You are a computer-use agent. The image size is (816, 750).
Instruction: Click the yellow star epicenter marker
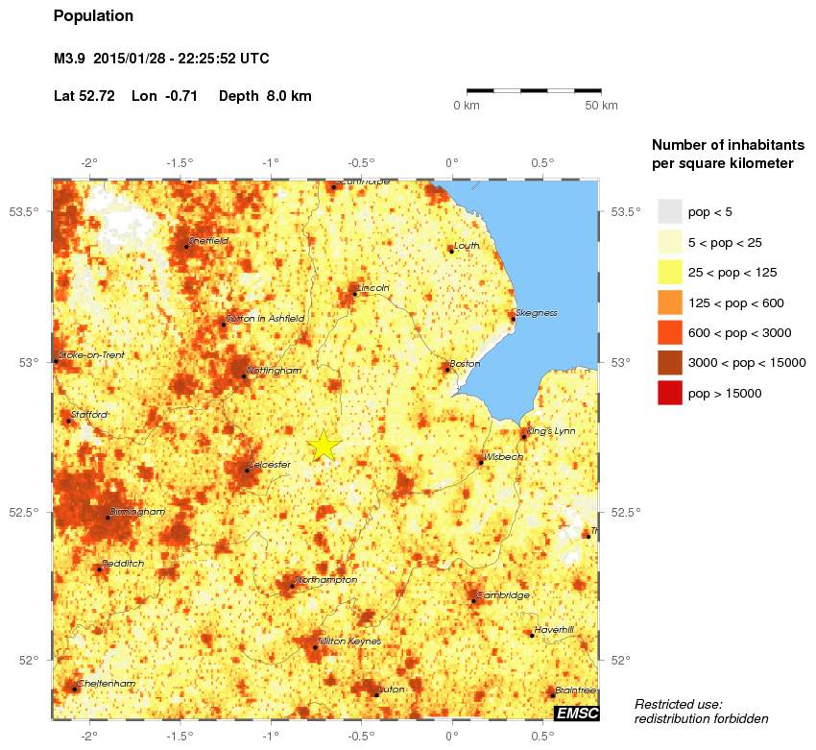tap(324, 446)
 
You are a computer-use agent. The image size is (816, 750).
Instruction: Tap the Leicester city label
tap(270, 465)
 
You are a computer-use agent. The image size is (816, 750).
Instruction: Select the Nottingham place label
tap(275, 371)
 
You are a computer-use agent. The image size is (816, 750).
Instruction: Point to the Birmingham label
tap(138, 512)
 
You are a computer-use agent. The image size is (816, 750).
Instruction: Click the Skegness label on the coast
tap(537, 313)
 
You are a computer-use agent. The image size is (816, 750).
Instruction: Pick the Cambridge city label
tap(503, 595)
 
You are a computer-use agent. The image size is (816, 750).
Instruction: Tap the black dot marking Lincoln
tap(354, 294)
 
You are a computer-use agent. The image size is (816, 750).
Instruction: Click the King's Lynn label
tap(552, 431)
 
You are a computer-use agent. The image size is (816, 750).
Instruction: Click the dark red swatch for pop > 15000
tap(669, 393)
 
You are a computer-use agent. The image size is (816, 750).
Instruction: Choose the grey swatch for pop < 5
tap(669, 211)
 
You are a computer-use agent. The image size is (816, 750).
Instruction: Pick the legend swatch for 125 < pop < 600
tap(669, 302)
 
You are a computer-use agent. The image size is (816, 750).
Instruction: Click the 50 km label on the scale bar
tap(601, 104)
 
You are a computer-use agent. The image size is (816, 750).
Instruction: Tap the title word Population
tap(93, 16)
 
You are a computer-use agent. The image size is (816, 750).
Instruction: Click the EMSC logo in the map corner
tap(576, 713)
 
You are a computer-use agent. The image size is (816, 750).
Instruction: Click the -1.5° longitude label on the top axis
tap(180, 162)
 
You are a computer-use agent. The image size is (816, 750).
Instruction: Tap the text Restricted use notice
tap(701, 712)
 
